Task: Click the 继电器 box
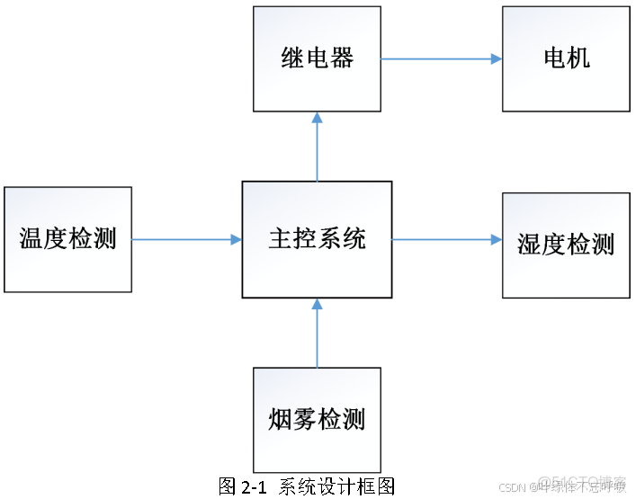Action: point(317,59)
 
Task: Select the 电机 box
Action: point(566,59)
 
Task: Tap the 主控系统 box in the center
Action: point(317,239)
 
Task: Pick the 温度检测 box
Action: point(67,239)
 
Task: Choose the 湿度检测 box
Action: point(566,245)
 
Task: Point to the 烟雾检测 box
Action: point(317,419)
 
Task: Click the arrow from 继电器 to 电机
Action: point(441,59)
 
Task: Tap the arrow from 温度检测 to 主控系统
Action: point(187,240)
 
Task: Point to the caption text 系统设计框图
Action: point(337,486)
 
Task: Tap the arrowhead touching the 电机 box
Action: point(496,59)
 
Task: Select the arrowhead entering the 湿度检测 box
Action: point(496,240)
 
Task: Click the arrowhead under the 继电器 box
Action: point(317,118)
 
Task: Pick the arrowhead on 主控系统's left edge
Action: point(236,240)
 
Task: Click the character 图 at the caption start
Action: point(228,486)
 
